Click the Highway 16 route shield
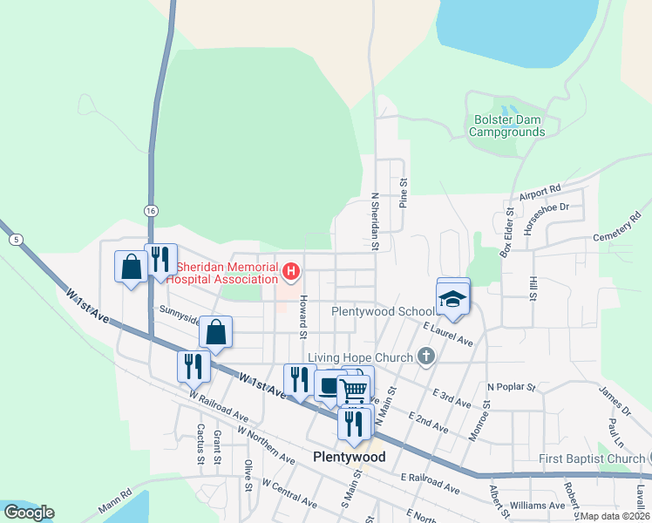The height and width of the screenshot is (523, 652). point(151,211)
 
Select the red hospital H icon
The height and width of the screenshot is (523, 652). point(291,273)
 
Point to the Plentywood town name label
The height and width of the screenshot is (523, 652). point(349,457)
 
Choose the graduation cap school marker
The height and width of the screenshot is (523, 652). point(453,297)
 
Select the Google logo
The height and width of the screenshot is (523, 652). point(29,513)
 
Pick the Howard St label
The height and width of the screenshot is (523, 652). point(303,316)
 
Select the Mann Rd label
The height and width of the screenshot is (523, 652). point(114,503)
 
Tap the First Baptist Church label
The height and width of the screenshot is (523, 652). point(590,459)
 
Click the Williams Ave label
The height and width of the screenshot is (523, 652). point(538,506)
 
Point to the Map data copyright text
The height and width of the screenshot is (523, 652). point(615,515)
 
